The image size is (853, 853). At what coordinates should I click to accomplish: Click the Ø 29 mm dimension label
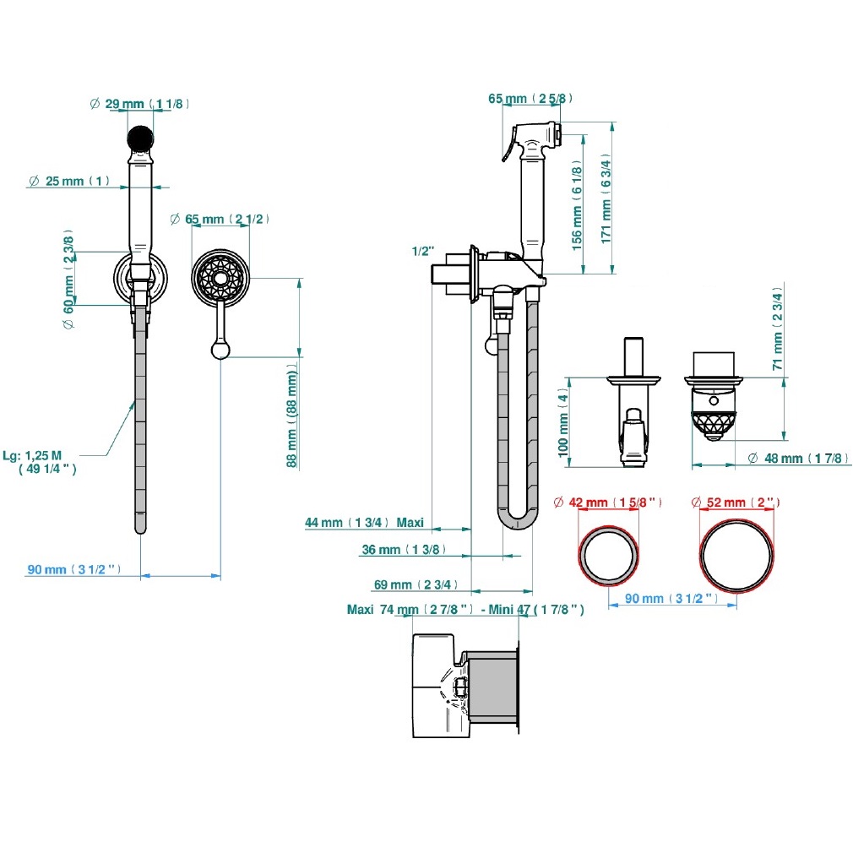click(139, 103)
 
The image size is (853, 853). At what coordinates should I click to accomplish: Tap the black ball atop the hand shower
click(140, 139)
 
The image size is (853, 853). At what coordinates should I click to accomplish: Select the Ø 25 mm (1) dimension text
click(69, 181)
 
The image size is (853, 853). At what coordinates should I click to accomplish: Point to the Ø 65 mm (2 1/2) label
click(220, 219)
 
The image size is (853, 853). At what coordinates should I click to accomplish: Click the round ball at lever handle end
click(220, 350)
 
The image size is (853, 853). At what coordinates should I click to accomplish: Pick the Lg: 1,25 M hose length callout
click(40, 462)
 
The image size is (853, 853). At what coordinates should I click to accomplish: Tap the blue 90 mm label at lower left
click(74, 569)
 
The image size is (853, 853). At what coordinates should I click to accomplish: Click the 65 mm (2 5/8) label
click(530, 99)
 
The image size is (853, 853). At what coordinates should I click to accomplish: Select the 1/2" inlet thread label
click(422, 251)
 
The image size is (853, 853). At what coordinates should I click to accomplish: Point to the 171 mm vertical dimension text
click(606, 198)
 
